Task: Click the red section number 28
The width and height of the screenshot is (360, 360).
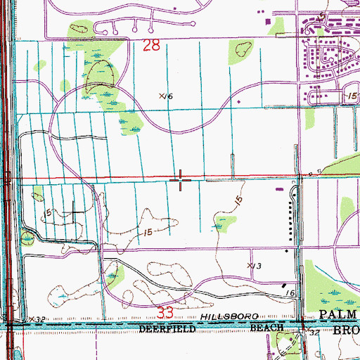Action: click(x=151, y=46)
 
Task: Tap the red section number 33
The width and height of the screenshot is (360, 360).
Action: click(x=165, y=309)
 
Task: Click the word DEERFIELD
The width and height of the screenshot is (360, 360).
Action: click(x=165, y=328)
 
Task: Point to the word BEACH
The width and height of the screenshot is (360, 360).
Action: click(x=267, y=328)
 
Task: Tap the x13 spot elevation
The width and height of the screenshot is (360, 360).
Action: click(x=254, y=265)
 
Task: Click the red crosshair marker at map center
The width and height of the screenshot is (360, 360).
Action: click(x=181, y=180)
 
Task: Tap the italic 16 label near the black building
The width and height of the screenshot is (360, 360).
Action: click(x=289, y=300)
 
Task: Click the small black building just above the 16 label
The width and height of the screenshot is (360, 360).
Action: click(x=284, y=288)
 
